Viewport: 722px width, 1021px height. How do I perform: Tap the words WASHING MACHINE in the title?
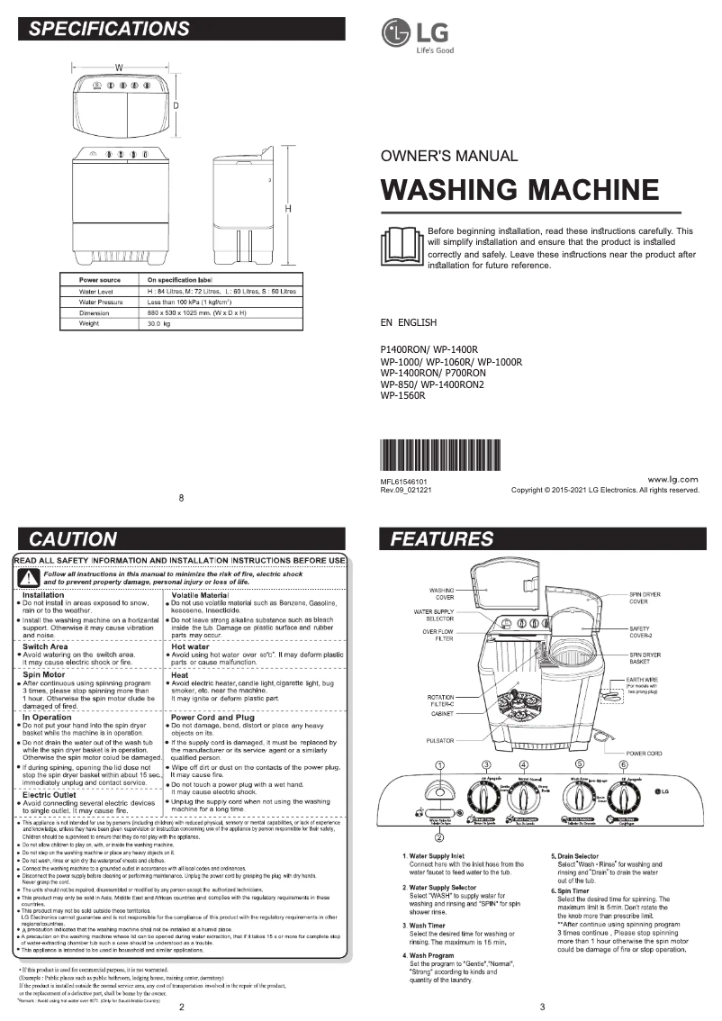pyautogui.click(x=520, y=190)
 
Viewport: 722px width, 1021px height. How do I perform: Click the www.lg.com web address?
pyautogui.click(x=673, y=480)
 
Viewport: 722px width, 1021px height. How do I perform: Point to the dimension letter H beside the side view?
pyautogui.click(x=288, y=209)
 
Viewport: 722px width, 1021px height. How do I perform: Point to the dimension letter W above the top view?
pyautogui.click(x=118, y=68)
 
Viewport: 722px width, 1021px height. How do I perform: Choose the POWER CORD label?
pyautogui.click(x=645, y=753)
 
